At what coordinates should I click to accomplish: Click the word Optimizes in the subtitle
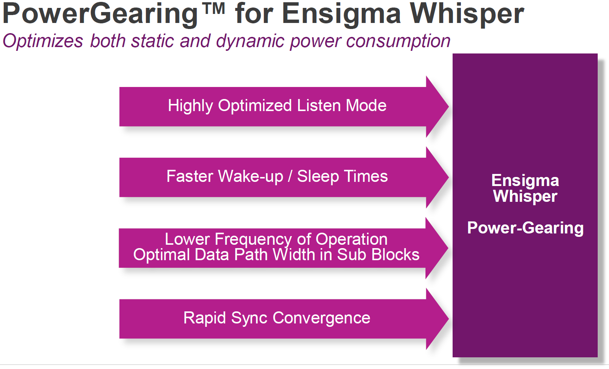pos(43,41)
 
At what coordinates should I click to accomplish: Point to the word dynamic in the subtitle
pos(250,41)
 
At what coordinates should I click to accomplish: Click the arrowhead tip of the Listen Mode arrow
pos(448,107)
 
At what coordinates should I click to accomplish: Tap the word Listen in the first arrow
pos(319,105)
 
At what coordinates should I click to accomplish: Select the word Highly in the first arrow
pos(190,106)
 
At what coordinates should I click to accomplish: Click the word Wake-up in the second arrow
pos(250,177)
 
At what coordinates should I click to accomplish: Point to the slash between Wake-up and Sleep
pos(290,177)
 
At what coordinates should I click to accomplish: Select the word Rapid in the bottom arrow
pos(205,318)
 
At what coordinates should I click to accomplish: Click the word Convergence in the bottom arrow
pos(321,318)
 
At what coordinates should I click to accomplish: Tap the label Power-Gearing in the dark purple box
pos(525,228)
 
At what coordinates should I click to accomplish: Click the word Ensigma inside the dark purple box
pos(525,181)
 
